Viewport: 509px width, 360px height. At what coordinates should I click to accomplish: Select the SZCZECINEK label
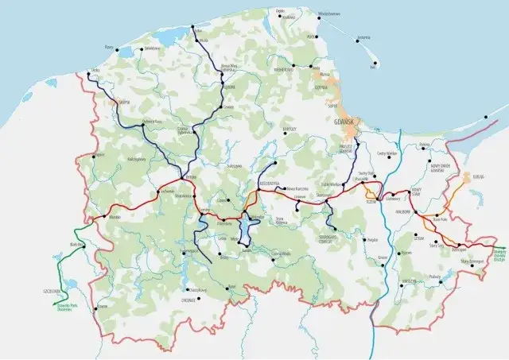[52, 292]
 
